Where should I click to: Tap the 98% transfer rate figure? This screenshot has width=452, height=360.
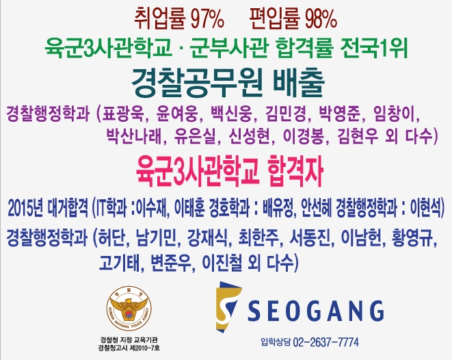(321, 20)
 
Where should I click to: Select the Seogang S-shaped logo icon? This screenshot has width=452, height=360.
(228, 307)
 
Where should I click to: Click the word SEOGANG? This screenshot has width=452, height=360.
(316, 311)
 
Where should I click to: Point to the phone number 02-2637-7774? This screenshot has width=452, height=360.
(326, 342)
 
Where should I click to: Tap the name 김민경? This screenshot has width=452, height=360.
(285, 114)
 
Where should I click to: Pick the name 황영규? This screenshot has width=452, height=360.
(412, 238)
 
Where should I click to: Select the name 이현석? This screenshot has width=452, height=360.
(425, 207)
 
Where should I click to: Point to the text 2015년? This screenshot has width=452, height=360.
(26, 208)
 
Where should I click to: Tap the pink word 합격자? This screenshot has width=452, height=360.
(295, 172)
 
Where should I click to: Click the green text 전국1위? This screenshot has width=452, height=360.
(374, 48)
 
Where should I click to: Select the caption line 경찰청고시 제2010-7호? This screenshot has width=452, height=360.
(129, 348)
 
